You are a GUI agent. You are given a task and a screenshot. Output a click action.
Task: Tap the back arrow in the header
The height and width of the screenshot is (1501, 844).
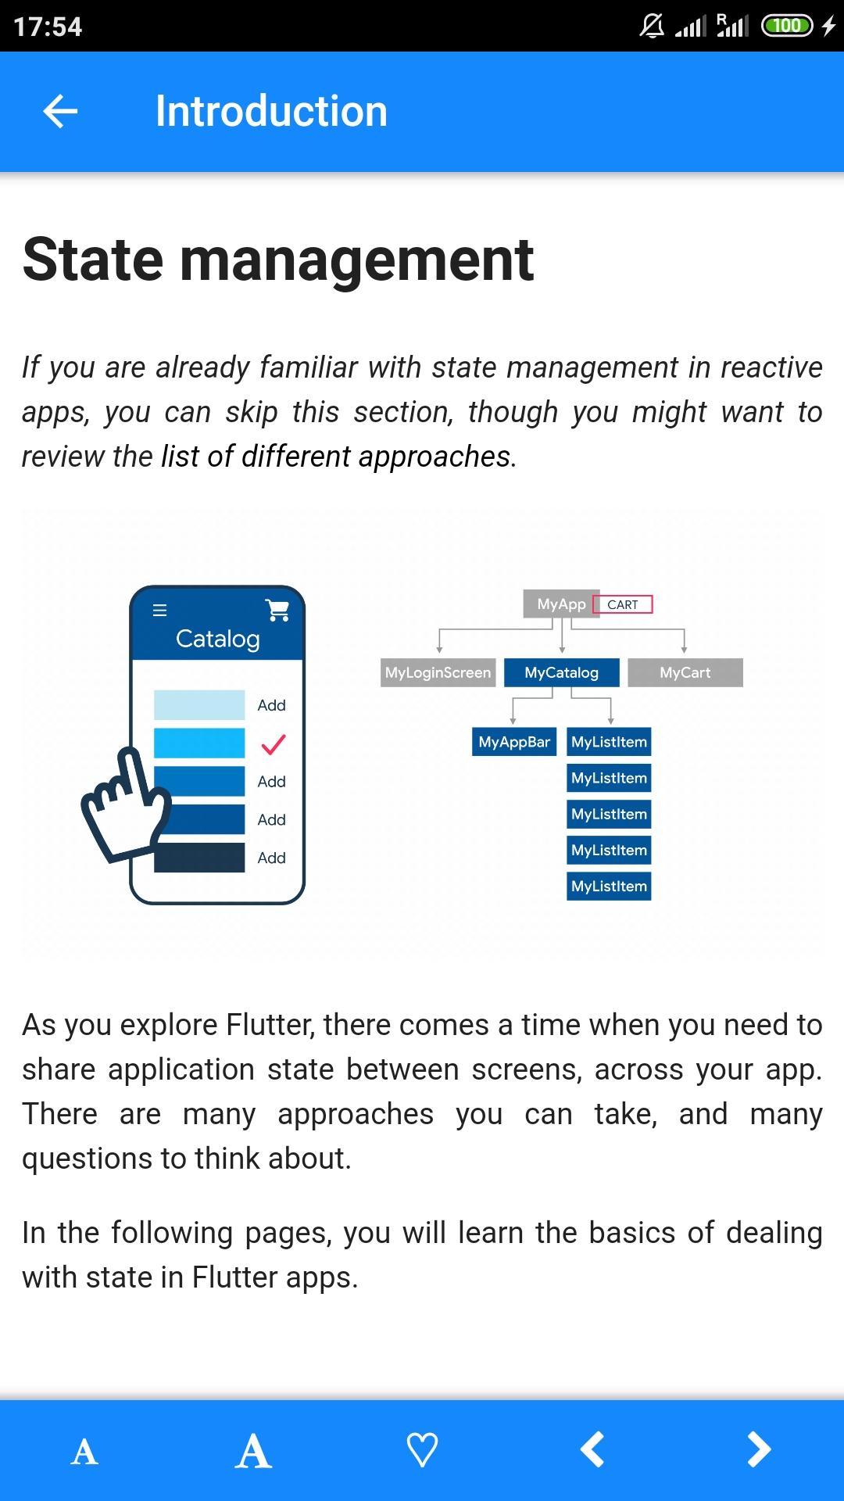60,111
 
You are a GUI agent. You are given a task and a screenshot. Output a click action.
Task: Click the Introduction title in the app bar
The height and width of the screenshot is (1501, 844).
271,111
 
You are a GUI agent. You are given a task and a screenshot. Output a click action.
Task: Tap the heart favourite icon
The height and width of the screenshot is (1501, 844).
422,1450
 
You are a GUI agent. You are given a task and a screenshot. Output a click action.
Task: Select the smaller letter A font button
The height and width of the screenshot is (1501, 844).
84,1453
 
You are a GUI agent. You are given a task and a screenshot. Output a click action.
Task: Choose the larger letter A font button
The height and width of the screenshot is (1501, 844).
253,1451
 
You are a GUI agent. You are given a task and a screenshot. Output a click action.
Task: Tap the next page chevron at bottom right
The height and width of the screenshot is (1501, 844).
759,1449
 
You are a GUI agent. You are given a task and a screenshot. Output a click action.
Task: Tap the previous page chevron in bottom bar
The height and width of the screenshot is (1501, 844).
592,1449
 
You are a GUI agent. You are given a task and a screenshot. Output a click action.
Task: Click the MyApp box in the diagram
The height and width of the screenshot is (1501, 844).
561,604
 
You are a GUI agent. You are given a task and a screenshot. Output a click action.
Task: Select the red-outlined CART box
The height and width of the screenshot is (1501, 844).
623,604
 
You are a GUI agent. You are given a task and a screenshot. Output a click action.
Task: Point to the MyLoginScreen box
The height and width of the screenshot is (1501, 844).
438,672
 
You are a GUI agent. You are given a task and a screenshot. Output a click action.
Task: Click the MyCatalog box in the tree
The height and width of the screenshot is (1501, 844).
562,672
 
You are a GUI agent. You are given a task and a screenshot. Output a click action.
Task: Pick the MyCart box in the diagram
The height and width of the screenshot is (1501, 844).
685,672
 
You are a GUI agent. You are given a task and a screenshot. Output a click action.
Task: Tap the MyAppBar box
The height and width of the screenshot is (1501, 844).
514,742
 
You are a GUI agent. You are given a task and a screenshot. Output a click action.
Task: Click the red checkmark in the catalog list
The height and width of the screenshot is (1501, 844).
273,744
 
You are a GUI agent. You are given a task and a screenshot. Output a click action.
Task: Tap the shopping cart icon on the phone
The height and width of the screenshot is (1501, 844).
277,610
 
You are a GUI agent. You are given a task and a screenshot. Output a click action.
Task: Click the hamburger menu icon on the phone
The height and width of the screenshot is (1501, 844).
159,611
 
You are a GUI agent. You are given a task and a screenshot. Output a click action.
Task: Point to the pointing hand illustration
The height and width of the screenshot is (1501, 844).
125,804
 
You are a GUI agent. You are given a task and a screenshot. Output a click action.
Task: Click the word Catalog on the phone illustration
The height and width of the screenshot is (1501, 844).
218,639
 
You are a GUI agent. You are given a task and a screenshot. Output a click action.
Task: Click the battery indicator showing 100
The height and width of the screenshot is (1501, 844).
787,26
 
